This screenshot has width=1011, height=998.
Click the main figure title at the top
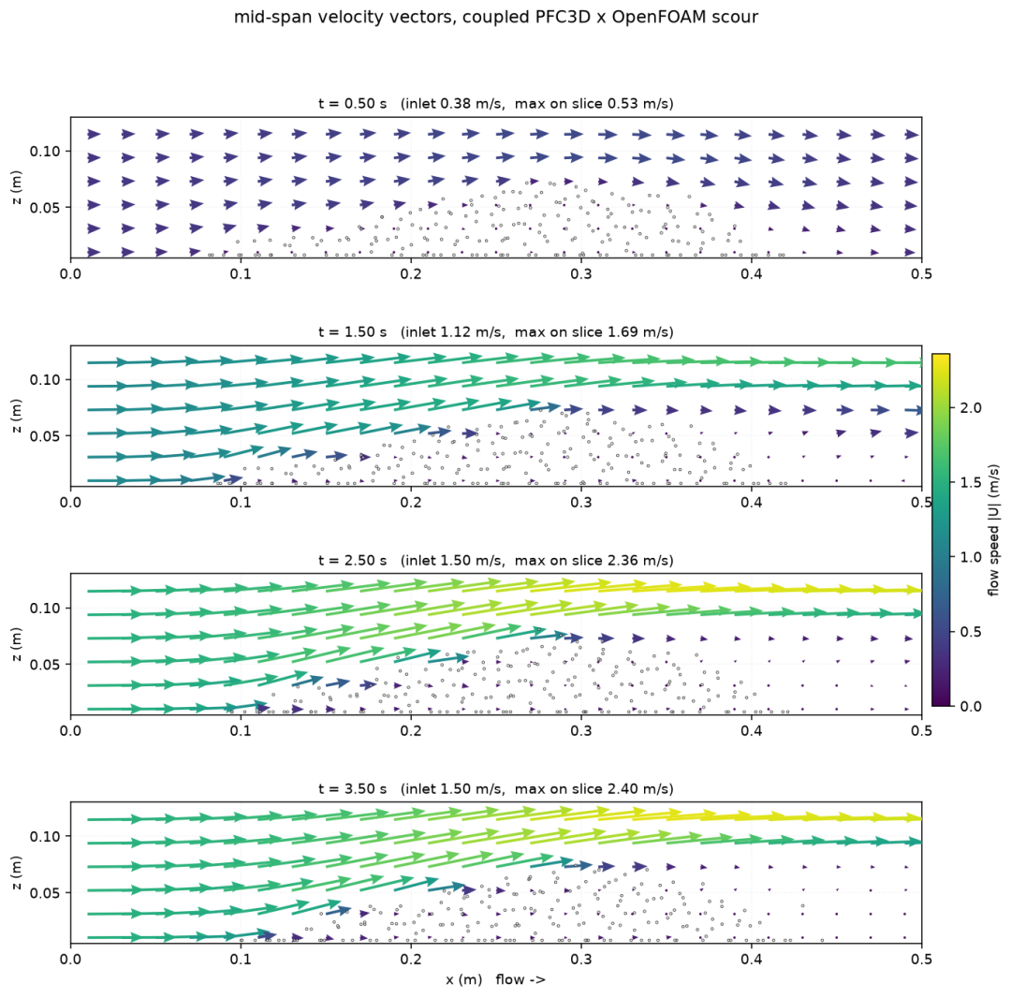click(x=496, y=18)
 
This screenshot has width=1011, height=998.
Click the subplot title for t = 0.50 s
click(x=496, y=104)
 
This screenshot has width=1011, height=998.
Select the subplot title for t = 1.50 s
click(x=496, y=332)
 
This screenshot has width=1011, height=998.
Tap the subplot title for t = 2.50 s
click(x=496, y=560)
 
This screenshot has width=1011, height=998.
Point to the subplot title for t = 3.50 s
click(x=496, y=788)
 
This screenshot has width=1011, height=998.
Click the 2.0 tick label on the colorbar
click(x=971, y=408)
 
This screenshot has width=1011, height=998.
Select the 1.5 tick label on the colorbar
click(x=971, y=483)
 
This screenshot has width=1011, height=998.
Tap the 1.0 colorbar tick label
click(x=971, y=557)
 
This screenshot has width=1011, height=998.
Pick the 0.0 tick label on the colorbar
click(x=971, y=707)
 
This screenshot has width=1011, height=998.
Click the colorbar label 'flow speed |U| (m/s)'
click(x=993, y=530)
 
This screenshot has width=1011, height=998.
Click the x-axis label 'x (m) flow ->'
click(x=496, y=979)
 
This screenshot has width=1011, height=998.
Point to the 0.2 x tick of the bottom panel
click(x=411, y=960)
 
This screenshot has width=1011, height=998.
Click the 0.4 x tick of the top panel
click(x=751, y=274)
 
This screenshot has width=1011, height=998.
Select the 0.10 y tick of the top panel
click(x=45, y=152)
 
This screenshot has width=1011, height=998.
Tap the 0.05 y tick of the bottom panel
click(x=45, y=893)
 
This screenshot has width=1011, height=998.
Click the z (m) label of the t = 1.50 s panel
click(x=17, y=416)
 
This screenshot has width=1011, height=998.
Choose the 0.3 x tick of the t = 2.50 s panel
click(x=581, y=730)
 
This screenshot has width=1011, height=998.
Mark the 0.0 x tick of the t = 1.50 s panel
click(x=70, y=502)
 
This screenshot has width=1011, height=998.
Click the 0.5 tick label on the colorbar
click(x=971, y=632)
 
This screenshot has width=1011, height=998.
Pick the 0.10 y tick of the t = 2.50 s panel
click(x=45, y=608)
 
